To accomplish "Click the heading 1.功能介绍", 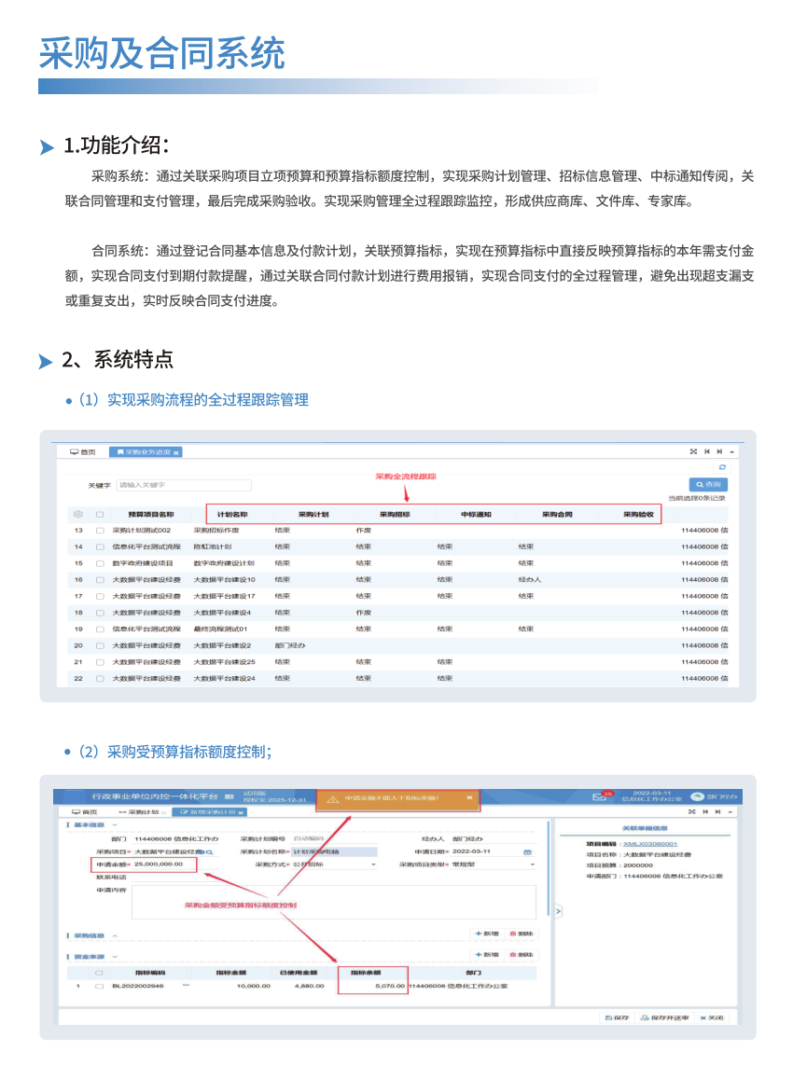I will pos(115,146).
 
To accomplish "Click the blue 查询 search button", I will pos(708,485).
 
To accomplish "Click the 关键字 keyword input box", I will pos(184,485).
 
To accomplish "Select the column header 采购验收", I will pos(638,514).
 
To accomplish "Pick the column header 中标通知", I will pos(476,514).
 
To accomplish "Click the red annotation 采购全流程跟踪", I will pos(406,477).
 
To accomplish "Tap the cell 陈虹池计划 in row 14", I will pos(212,546).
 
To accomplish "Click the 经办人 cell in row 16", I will pos(530,579).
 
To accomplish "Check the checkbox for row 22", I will pos(100,678).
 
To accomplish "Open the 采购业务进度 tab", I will pos(147,451).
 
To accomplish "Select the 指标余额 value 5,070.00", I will pos(390,985).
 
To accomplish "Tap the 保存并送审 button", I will pos(664,1017).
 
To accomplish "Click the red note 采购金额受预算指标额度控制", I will pos(240,906).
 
